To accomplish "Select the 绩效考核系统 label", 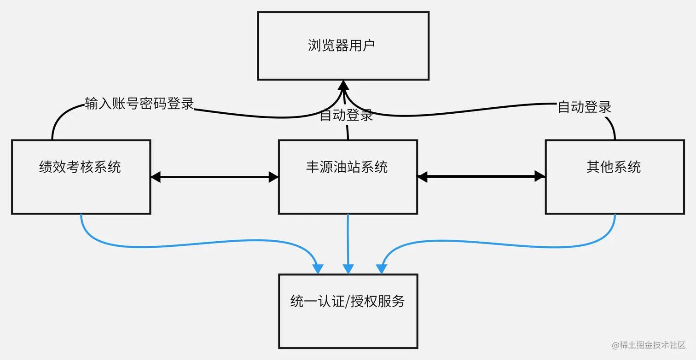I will (x=80, y=167).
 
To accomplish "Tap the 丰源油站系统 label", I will (x=347, y=167).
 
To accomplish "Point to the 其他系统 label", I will (x=614, y=167).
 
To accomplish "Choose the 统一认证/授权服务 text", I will (x=348, y=301).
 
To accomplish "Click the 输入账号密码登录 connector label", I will (x=139, y=104).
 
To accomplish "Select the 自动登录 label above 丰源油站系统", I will (x=346, y=116).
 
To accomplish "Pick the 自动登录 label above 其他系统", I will (x=585, y=107).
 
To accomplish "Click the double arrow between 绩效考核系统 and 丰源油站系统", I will (x=215, y=176).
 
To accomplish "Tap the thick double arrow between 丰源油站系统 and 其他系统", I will (x=481, y=176).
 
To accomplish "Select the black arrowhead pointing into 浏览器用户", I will (x=343, y=85).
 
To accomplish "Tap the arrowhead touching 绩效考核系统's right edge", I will (x=156, y=176).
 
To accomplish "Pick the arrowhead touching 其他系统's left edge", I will (x=540, y=176).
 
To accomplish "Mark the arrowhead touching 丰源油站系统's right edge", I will (x=423, y=176).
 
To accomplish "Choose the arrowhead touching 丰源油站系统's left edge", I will (x=274, y=176).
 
